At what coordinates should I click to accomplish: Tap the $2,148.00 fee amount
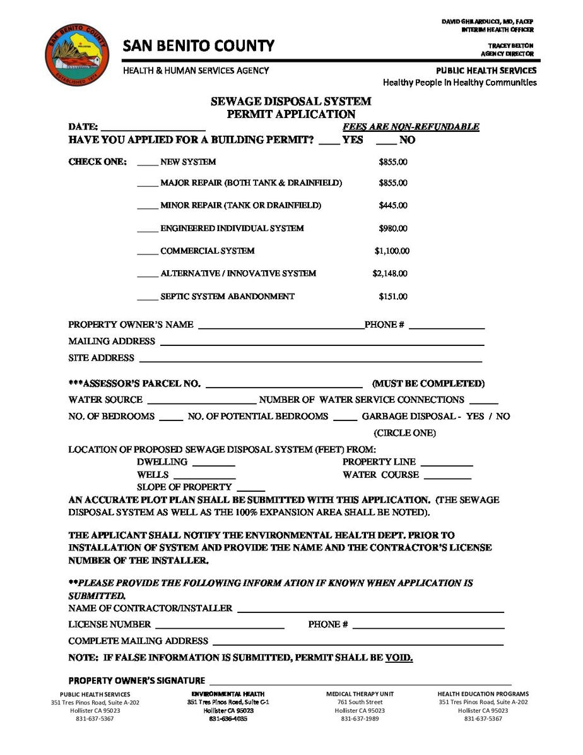389,273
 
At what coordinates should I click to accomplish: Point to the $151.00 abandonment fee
392,296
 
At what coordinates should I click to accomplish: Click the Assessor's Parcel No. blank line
284,385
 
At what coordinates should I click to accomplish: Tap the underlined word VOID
399,658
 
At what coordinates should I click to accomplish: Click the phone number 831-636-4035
228,718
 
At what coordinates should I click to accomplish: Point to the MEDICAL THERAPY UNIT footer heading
360,694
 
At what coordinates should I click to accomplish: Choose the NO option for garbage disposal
503,417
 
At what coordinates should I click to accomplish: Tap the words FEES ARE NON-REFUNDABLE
411,127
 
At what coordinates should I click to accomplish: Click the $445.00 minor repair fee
392,205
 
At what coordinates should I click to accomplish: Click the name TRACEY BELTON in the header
510,45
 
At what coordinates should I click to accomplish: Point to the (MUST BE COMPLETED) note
428,384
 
